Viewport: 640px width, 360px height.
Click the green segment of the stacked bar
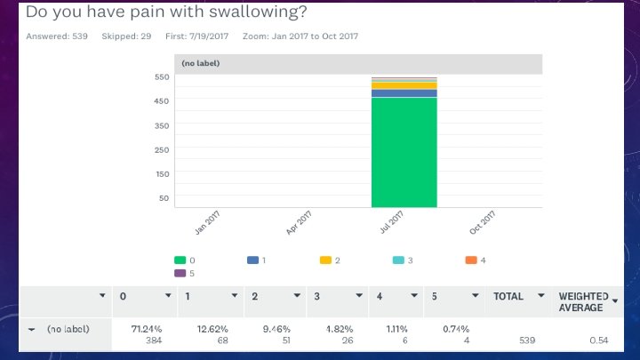[x=404, y=151]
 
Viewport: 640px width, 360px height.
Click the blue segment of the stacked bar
[x=404, y=92]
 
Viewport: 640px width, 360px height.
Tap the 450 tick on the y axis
[x=161, y=100]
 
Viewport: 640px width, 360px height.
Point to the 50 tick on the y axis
[x=163, y=198]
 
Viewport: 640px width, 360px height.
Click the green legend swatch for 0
[x=179, y=260]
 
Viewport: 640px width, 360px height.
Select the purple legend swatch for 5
[x=179, y=273]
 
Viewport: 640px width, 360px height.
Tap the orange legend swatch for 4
[x=471, y=260]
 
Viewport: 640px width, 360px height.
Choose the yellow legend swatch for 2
[x=325, y=260]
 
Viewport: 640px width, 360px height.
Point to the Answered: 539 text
[x=57, y=36]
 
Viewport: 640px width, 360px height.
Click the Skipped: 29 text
[x=125, y=36]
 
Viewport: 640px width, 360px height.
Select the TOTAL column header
[x=508, y=296]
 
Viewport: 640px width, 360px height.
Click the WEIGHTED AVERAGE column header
[x=583, y=301]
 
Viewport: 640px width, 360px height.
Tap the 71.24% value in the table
[x=146, y=329]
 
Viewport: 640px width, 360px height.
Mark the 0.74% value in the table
[x=456, y=329]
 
